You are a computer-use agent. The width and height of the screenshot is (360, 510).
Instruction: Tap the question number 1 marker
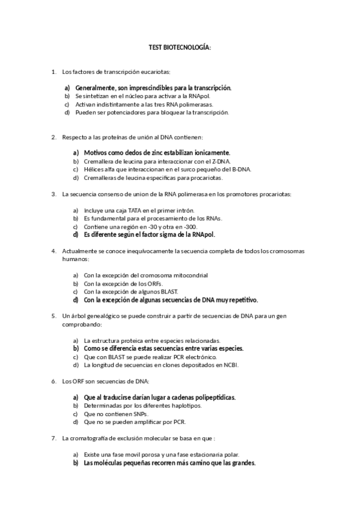tap(54, 72)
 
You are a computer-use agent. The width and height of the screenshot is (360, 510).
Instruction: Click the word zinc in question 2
tap(149, 153)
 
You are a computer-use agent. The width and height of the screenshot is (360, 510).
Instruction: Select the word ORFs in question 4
tap(153, 283)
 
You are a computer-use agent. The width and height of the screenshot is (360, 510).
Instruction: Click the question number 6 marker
tap(54, 381)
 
